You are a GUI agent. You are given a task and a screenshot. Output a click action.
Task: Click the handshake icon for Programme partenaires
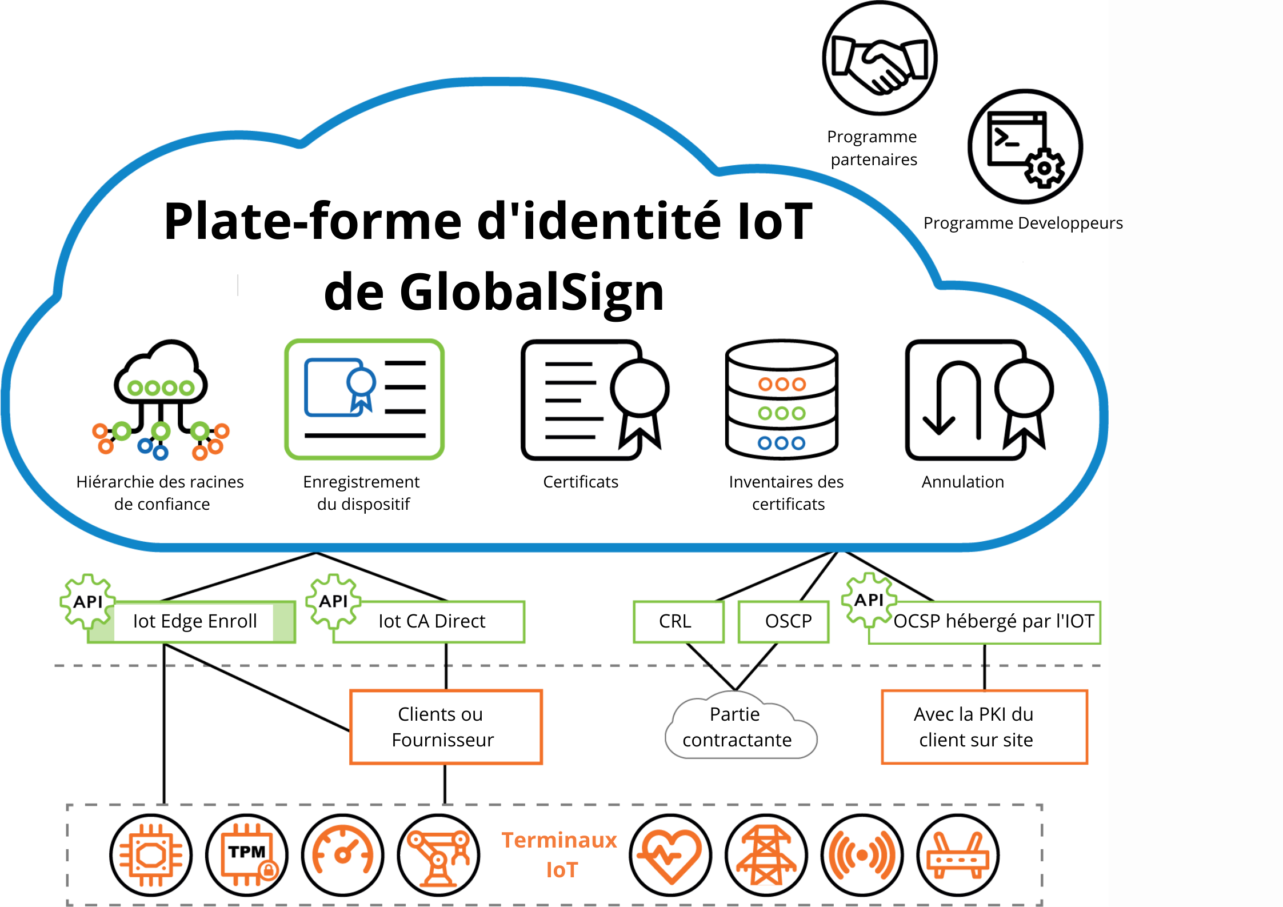(x=880, y=58)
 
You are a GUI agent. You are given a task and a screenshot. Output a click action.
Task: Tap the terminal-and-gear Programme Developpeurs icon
(x=1025, y=146)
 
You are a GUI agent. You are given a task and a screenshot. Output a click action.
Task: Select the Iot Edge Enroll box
(x=194, y=621)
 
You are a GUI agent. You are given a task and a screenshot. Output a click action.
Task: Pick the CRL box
(x=678, y=621)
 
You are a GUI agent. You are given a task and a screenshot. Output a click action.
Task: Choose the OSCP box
(x=784, y=621)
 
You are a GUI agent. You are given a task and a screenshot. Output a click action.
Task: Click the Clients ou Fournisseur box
(x=446, y=727)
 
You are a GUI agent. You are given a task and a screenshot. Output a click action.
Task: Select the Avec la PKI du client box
(x=984, y=727)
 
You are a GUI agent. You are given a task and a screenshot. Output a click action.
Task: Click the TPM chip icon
(x=247, y=855)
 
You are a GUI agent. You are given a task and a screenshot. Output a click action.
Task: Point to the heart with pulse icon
(x=670, y=855)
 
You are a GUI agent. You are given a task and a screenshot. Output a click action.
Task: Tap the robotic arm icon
(x=439, y=855)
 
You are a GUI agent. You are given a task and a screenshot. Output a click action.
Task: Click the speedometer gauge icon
(x=343, y=855)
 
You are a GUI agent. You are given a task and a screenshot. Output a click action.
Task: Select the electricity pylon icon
(x=766, y=855)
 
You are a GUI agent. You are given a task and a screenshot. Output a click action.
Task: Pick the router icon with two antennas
(x=958, y=855)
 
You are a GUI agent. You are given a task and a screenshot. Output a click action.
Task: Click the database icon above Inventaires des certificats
(x=782, y=399)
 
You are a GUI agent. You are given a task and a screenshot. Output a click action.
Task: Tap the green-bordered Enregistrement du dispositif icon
(x=365, y=399)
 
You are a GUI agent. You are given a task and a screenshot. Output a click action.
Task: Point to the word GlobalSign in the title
(x=531, y=292)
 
